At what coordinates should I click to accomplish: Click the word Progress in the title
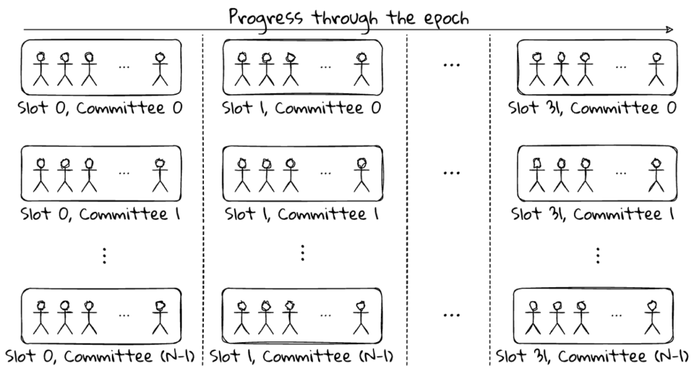click(266, 18)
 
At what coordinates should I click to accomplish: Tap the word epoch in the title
click(446, 19)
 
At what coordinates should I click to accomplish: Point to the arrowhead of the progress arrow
click(669, 30)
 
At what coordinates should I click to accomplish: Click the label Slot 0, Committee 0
click(100, 108)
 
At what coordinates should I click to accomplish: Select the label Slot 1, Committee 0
click(302, 108)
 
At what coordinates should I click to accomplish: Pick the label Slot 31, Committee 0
click(592, 108)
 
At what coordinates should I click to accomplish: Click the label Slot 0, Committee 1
click(100, 214)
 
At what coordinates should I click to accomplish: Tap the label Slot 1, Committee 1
click(302, 214)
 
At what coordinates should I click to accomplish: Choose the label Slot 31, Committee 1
click(592, 214)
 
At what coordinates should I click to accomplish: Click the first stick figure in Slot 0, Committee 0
click(41, 69)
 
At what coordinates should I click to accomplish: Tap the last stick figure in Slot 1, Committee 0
click(362, 69)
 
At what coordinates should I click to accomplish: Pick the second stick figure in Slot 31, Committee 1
click(561, 175)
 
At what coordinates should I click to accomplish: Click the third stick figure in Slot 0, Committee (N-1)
click(89, 318)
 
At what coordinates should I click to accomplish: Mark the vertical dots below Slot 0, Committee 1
click(104, 256)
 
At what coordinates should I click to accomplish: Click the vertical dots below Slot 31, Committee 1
click(598, 256)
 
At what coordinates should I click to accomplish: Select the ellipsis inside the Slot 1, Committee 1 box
click(325, 173)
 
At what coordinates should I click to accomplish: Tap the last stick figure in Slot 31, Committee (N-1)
click(652, 318)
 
